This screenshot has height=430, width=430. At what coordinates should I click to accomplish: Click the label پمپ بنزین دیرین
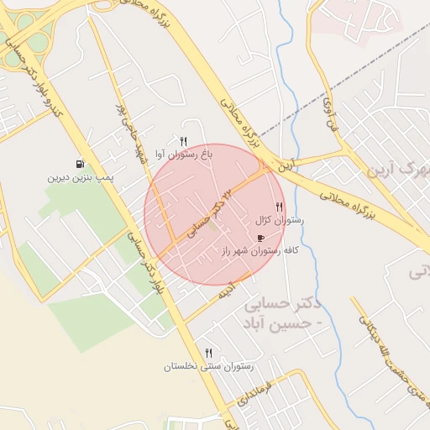click(x=81, y=179)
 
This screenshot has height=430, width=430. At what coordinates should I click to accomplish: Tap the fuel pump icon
click(x=80, y=165)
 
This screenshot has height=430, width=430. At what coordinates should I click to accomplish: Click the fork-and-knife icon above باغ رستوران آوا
click(x=184, y=141)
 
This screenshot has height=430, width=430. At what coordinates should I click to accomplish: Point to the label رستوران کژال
click(x=279, y=221)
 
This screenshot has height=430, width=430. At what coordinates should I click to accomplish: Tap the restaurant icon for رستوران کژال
click(x=279, y=207)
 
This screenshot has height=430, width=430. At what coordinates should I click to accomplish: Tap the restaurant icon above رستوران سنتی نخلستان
click(x=208, y=353)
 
